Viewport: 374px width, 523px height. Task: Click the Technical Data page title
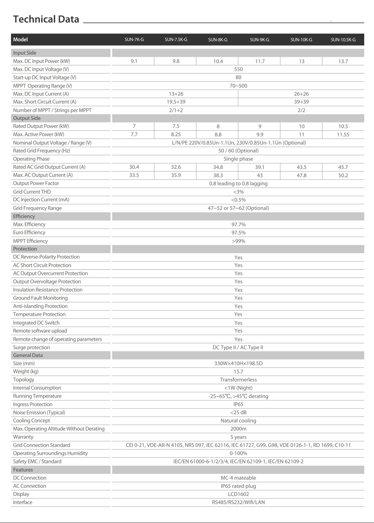(46, 19)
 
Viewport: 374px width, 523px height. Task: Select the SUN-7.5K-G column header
(176, 39)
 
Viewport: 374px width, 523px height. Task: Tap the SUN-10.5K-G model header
(343, 39)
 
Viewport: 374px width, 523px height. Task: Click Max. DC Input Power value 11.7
(260, 61)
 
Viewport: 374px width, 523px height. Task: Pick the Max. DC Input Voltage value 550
(238, 69)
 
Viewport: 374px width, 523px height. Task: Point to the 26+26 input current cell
(301, 94)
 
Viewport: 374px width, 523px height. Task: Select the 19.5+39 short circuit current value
(176, 102)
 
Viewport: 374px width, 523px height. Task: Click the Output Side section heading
(27, 118)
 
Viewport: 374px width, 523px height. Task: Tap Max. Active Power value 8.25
(176, 134)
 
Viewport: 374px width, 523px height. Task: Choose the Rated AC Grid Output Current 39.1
(260, 167)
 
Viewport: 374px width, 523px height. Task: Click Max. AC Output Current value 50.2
(343, 175)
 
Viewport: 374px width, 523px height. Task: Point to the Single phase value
(238, 159)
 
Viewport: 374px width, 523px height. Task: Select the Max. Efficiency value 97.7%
(238, 224)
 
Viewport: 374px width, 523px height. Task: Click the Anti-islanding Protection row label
(40, 306)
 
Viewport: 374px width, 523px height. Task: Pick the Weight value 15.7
(238, 372)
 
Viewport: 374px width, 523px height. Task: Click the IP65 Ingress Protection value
(238, 404)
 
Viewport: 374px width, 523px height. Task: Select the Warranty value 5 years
(238, 437)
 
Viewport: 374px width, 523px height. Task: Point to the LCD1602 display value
(238, 494)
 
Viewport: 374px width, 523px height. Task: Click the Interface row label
(23, 502)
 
